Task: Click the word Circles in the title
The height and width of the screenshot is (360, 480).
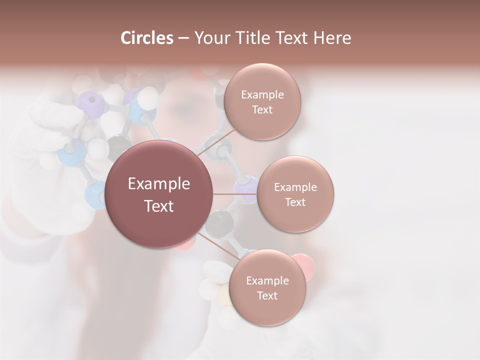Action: click(147, 38)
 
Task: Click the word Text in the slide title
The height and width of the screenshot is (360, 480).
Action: click(296, 38)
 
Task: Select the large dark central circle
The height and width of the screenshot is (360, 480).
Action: click(159, 194)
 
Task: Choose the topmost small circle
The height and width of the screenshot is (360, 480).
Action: click(262, 101)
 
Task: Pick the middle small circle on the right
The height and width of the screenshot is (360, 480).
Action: click(295, 194)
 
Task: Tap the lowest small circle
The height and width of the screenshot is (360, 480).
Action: click(267, 287)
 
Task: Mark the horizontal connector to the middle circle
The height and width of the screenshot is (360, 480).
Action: click(235, 194)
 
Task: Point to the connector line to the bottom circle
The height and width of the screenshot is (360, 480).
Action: click(217, 247)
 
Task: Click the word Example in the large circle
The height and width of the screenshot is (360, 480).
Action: click(159, 184)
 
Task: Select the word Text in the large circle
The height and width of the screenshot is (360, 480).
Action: click(159, 206)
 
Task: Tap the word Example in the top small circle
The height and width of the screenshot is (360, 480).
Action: click(262, 94)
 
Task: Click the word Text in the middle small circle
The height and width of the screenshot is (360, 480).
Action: click(295, 202)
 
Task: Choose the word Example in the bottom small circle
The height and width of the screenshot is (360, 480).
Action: click(267, 280)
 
